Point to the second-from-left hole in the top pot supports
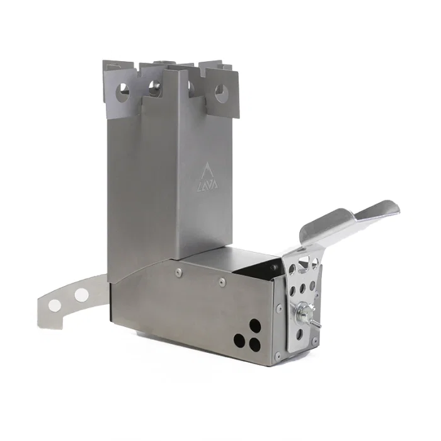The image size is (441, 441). click(x=153, y=88)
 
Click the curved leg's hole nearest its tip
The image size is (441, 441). click(x=55, y=305)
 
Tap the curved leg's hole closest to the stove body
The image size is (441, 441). click(x=81, y=294)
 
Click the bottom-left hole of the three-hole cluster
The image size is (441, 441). click(x=240, y=341)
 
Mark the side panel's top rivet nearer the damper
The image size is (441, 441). click(x=222, y=282)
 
